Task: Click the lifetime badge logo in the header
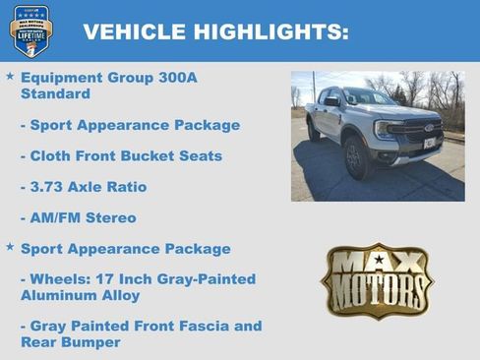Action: coord(30,30)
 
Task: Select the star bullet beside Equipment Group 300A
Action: coord(10,76)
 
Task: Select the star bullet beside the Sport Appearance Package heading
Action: coord(10,248)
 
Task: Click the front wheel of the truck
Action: coord(357,157)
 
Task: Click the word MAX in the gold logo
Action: coord(377,263)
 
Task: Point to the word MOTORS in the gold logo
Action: coord(377,291)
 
